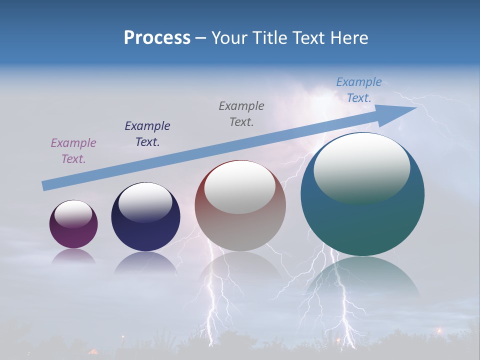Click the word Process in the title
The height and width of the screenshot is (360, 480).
pyautogui.click(x=157, y=38)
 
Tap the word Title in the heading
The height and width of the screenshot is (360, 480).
pyautogui.click(x=269, y=38)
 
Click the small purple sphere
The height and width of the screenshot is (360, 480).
pyautogui.click(x=73, y=235)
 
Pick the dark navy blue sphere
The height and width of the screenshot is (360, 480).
pyautogui.click(x=145, y=232)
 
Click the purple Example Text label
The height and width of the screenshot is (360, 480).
pyautogui.click(x=73, y=151)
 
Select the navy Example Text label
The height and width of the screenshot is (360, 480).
pyautogui.click(x=147, y=134)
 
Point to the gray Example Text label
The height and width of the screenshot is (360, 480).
pyautogui.click(x=241, y=114)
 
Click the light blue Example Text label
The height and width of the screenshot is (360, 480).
pyautogui.click(x=359, y=90)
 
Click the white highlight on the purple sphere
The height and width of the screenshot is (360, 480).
pyautogui.click(x=73, y=214)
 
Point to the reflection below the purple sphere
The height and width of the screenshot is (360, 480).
pyautogui.click(x=73, y=256)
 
